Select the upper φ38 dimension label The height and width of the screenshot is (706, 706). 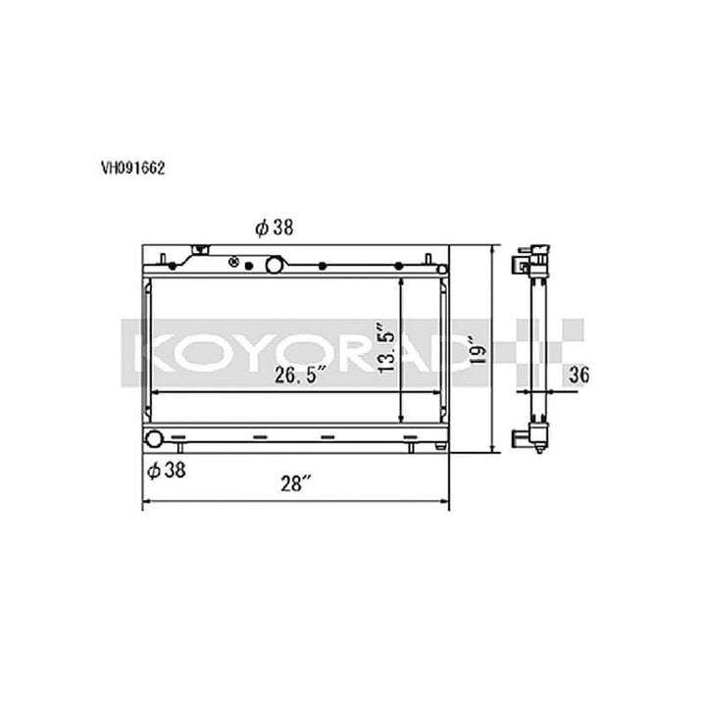click(x=276, y=227)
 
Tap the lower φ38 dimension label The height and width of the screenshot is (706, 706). click(x=168, y=471)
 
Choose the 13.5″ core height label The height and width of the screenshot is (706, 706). click(x=387, y=348)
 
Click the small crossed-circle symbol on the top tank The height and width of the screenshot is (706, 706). click(x=234, y=262)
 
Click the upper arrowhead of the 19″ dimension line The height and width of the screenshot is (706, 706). click(x=491, y=249)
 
